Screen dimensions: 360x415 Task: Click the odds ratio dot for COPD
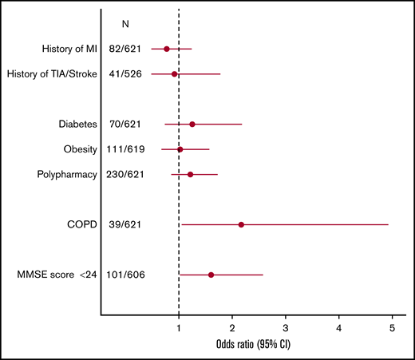(x=241, y=225)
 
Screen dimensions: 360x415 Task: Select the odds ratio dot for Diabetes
(x=192, y=125)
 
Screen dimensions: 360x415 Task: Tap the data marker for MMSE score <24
(x=211, y=275)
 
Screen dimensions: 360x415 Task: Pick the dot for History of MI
(x=167, y=49)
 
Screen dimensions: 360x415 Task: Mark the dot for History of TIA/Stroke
(x=175, y=74)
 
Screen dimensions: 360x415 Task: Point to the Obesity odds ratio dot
(x=180, y=149)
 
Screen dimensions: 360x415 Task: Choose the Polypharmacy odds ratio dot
(x=190, y=174)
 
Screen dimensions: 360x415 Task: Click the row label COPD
(x=82, y=225)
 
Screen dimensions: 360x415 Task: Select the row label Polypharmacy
(x=67, y=174)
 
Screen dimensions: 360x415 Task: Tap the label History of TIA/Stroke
(x=52, y=74)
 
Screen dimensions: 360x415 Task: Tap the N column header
(x=125, y=24)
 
